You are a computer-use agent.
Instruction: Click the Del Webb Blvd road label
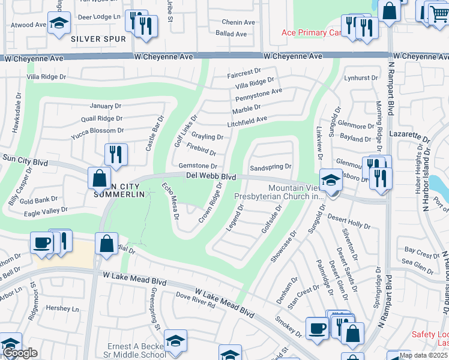[x=211, y=176]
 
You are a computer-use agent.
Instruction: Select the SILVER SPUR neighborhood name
[x=98, y=39]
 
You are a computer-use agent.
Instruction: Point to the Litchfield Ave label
[x=247, y=120]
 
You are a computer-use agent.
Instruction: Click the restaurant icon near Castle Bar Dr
[x=116, y=154]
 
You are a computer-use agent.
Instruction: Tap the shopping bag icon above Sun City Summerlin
[x=99, y=178]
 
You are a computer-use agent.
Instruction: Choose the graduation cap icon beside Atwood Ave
[x=59, y=23]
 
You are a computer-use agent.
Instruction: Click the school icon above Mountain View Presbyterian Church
[x=330, y=179]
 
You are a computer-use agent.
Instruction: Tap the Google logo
[x=20, y=353]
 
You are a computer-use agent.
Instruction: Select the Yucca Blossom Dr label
[x=97, y=130]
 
